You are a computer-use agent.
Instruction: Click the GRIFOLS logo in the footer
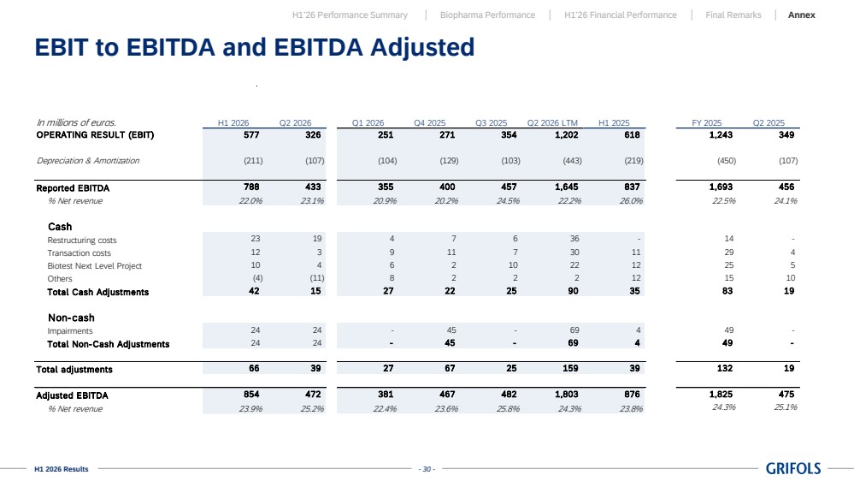[x=793, y=468]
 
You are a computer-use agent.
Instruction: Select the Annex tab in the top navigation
[x=801, y=15]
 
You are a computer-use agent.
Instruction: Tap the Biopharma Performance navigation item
[x=487, y=15]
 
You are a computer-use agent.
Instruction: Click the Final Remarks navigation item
[x=733, y=15]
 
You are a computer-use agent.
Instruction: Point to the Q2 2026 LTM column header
[x=552, y=122]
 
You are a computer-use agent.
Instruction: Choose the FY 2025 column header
[x=706, y=122]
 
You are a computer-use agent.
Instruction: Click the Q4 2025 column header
[x=429, y=122]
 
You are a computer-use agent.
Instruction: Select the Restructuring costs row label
[x=82, y=240]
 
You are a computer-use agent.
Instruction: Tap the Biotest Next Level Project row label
[x=94, y=265]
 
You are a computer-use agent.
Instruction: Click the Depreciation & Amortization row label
[x=88, y=160]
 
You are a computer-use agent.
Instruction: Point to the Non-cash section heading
[x=71, y=318]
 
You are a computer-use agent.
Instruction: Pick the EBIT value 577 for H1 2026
[x=251, y=134]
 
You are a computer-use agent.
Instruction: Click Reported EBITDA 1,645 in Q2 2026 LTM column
[x=567, y=187]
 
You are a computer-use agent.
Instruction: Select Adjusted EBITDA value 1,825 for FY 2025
[x=721, y=394]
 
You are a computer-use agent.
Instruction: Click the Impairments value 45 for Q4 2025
[x=451, y=330]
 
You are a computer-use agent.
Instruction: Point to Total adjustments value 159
[x=570, y=368]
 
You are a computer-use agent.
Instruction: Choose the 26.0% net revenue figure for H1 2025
[x=631, y=200]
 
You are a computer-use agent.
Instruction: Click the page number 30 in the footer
[x=427, y=469]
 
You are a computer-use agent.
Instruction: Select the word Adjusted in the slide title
[x=422, y=47]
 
